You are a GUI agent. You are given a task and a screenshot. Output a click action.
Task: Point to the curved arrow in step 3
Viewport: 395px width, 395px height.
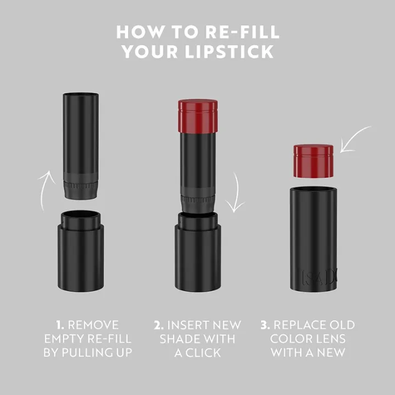tap(356, 139)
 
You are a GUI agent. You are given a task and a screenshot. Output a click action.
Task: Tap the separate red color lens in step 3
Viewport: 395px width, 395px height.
tap(313, 161)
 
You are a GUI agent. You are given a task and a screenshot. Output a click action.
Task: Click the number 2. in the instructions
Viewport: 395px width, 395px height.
tap(160, 325)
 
